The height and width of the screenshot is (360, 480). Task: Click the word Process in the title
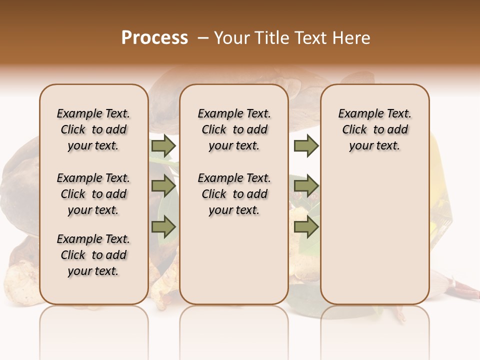point(154,37)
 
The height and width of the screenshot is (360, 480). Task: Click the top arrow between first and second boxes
point(163,145)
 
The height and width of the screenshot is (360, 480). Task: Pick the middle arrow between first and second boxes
point(163,186)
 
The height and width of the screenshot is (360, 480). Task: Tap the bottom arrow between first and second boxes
point(163,227)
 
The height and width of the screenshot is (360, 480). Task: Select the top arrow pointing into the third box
point(306,145)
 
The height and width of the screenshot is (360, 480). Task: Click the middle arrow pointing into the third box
point(306,186)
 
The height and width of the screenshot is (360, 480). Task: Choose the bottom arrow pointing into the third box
point(306,227)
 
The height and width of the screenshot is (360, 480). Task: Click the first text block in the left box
point(93,129)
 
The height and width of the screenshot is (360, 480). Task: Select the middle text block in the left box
point(93,194)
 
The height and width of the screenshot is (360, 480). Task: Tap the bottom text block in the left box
point(93,255)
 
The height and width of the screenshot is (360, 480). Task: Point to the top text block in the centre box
point(234,129)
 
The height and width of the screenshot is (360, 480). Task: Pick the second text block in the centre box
point(234,194)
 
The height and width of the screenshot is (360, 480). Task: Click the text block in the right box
point(375,129)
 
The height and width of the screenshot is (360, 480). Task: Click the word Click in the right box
point(354,130)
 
